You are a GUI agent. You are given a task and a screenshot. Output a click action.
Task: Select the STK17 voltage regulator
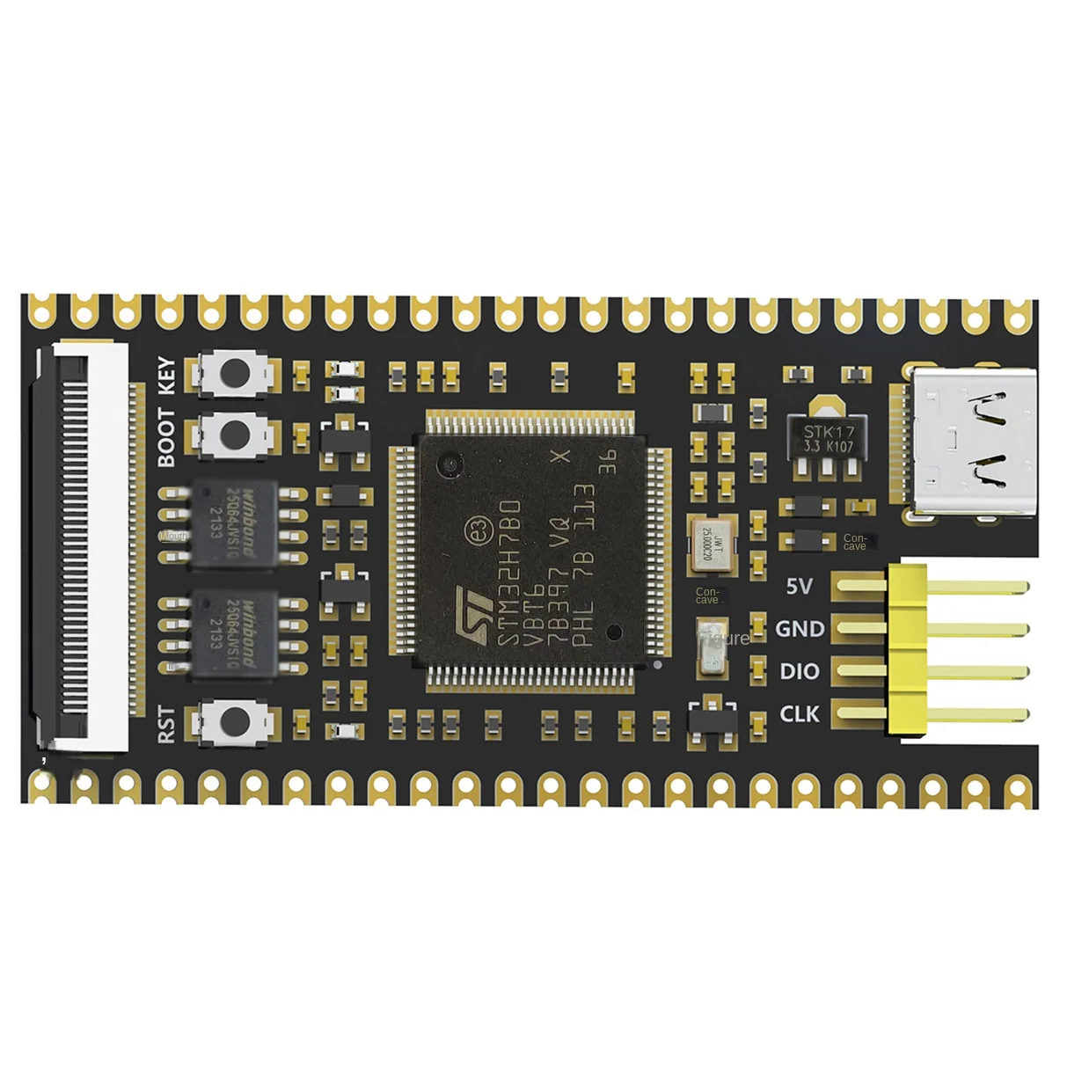tap(827, 439)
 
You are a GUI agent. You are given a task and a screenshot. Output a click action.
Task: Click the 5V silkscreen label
tap(799, 586)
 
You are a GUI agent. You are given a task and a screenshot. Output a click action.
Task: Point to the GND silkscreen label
tap(799, 629)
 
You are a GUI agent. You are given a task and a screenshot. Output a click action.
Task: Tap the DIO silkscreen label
tap(799, 671)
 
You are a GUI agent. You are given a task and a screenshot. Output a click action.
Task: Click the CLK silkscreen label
tap(799, 713)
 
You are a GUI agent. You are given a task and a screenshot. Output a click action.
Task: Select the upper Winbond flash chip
tap(234, 523)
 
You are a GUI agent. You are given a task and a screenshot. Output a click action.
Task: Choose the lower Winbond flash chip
tap(234, 633)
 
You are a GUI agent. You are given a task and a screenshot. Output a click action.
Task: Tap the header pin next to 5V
tap(959, 586)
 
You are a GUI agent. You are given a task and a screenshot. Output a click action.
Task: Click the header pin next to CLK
tap(959, 713)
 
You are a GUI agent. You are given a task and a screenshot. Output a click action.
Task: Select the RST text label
tap(166, 724)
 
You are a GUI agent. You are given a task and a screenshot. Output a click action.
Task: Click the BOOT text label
tap(166, 437)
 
